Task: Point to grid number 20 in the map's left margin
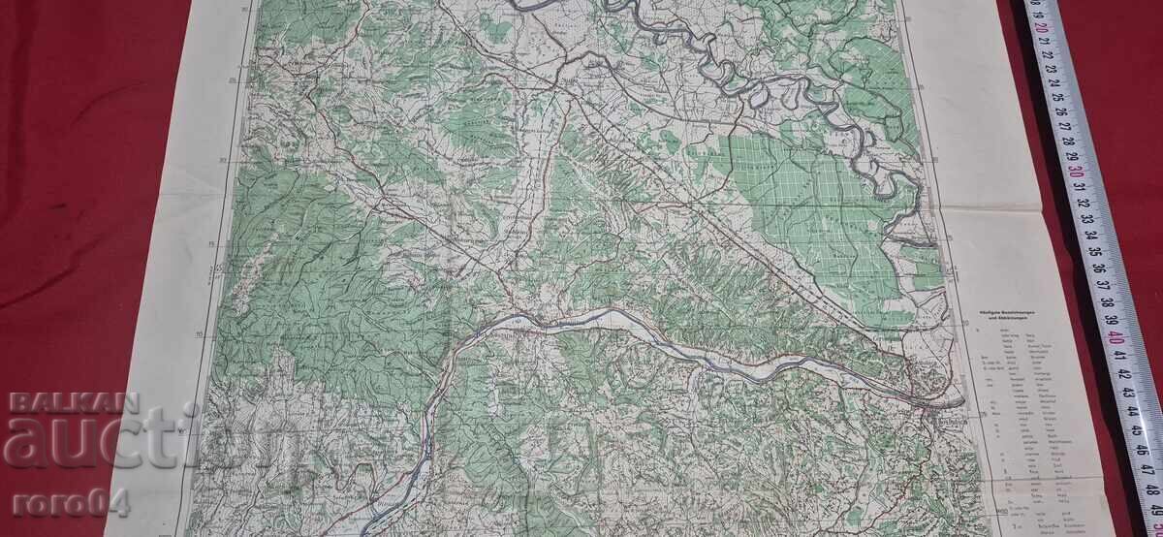pyautogui.click(x=223, y=162)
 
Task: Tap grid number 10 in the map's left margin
pyautogui.click(x=200, y=334)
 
